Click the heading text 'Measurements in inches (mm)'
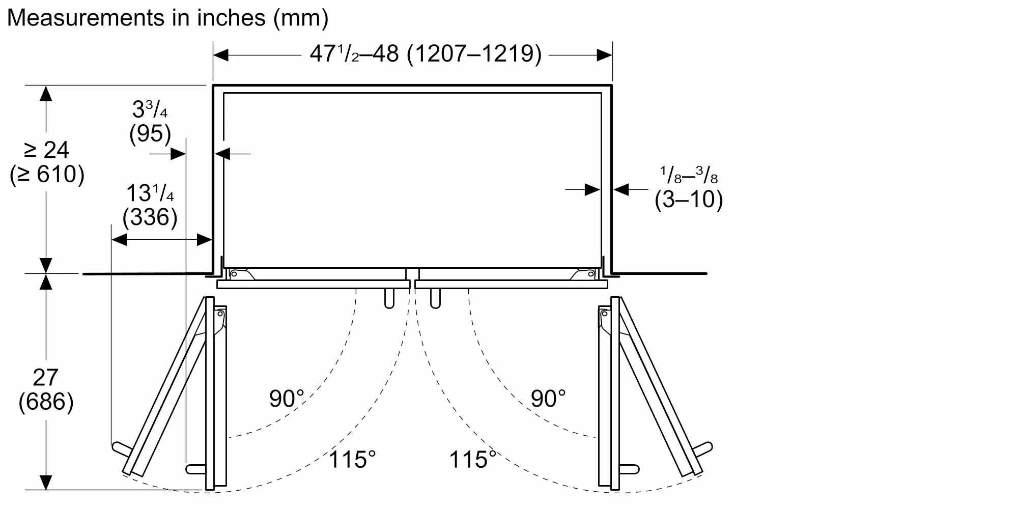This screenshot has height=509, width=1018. [x=167, y=18]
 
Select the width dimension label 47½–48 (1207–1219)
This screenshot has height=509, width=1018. [x=426, y=54]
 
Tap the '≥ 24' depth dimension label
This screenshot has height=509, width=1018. [x=46, y=150]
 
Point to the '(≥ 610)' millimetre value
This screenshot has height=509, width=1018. [x=47, y=174]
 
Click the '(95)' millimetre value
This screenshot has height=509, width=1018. [x=150, y=133]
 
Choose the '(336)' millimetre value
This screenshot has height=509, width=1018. [x=150, y=217]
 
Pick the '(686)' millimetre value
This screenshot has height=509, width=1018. [x=46, y=402]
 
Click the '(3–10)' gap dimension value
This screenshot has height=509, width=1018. [x=689, y=199]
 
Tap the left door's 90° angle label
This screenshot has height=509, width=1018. [x=287, y=399]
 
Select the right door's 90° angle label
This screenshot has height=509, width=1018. [x=548, y=399]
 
